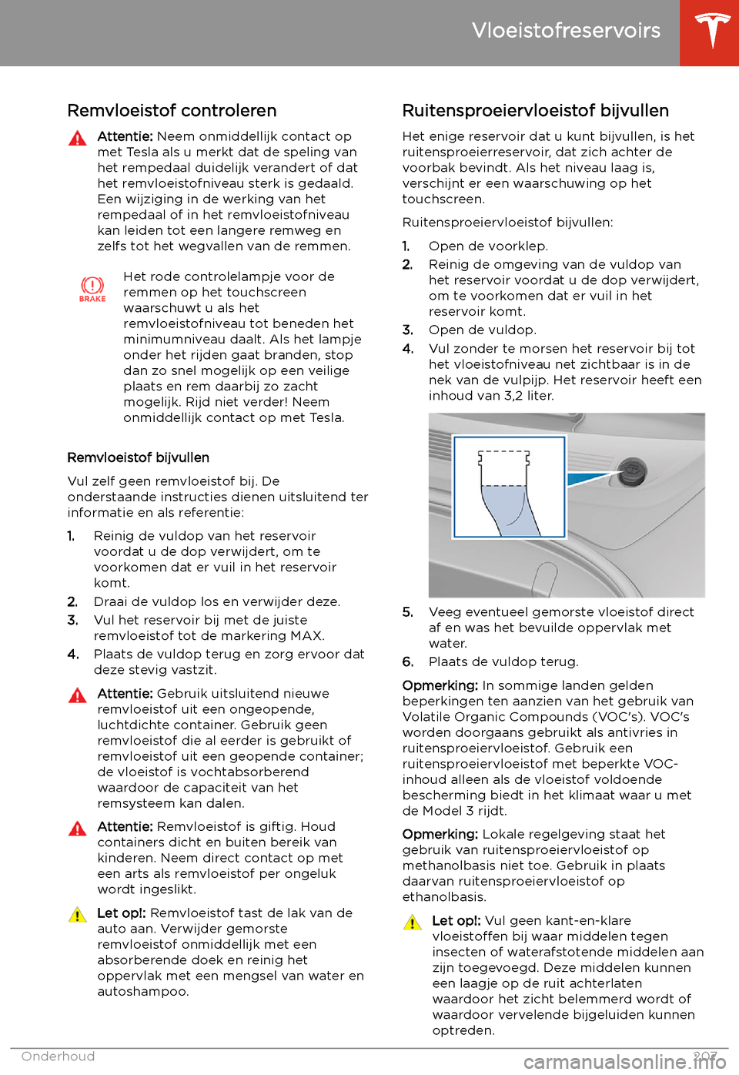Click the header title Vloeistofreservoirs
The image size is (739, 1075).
566,31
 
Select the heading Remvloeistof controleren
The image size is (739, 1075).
172,111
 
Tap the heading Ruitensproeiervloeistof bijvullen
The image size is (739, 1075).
535,111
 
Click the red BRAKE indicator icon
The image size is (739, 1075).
92,289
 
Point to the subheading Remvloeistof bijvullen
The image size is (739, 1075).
138,457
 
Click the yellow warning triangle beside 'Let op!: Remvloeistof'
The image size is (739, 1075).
77,915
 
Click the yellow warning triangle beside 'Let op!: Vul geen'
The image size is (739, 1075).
412,923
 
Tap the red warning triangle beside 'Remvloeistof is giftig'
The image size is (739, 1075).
77,829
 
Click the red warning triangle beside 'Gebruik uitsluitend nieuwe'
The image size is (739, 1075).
77,695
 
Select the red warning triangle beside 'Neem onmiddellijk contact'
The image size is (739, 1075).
77,139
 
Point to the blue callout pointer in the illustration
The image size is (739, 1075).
589,479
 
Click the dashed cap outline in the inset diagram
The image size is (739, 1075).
504,467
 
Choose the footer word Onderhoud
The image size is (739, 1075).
58,1057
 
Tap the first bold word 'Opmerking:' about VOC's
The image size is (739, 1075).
440,685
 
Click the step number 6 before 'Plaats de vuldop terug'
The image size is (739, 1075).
408,661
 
